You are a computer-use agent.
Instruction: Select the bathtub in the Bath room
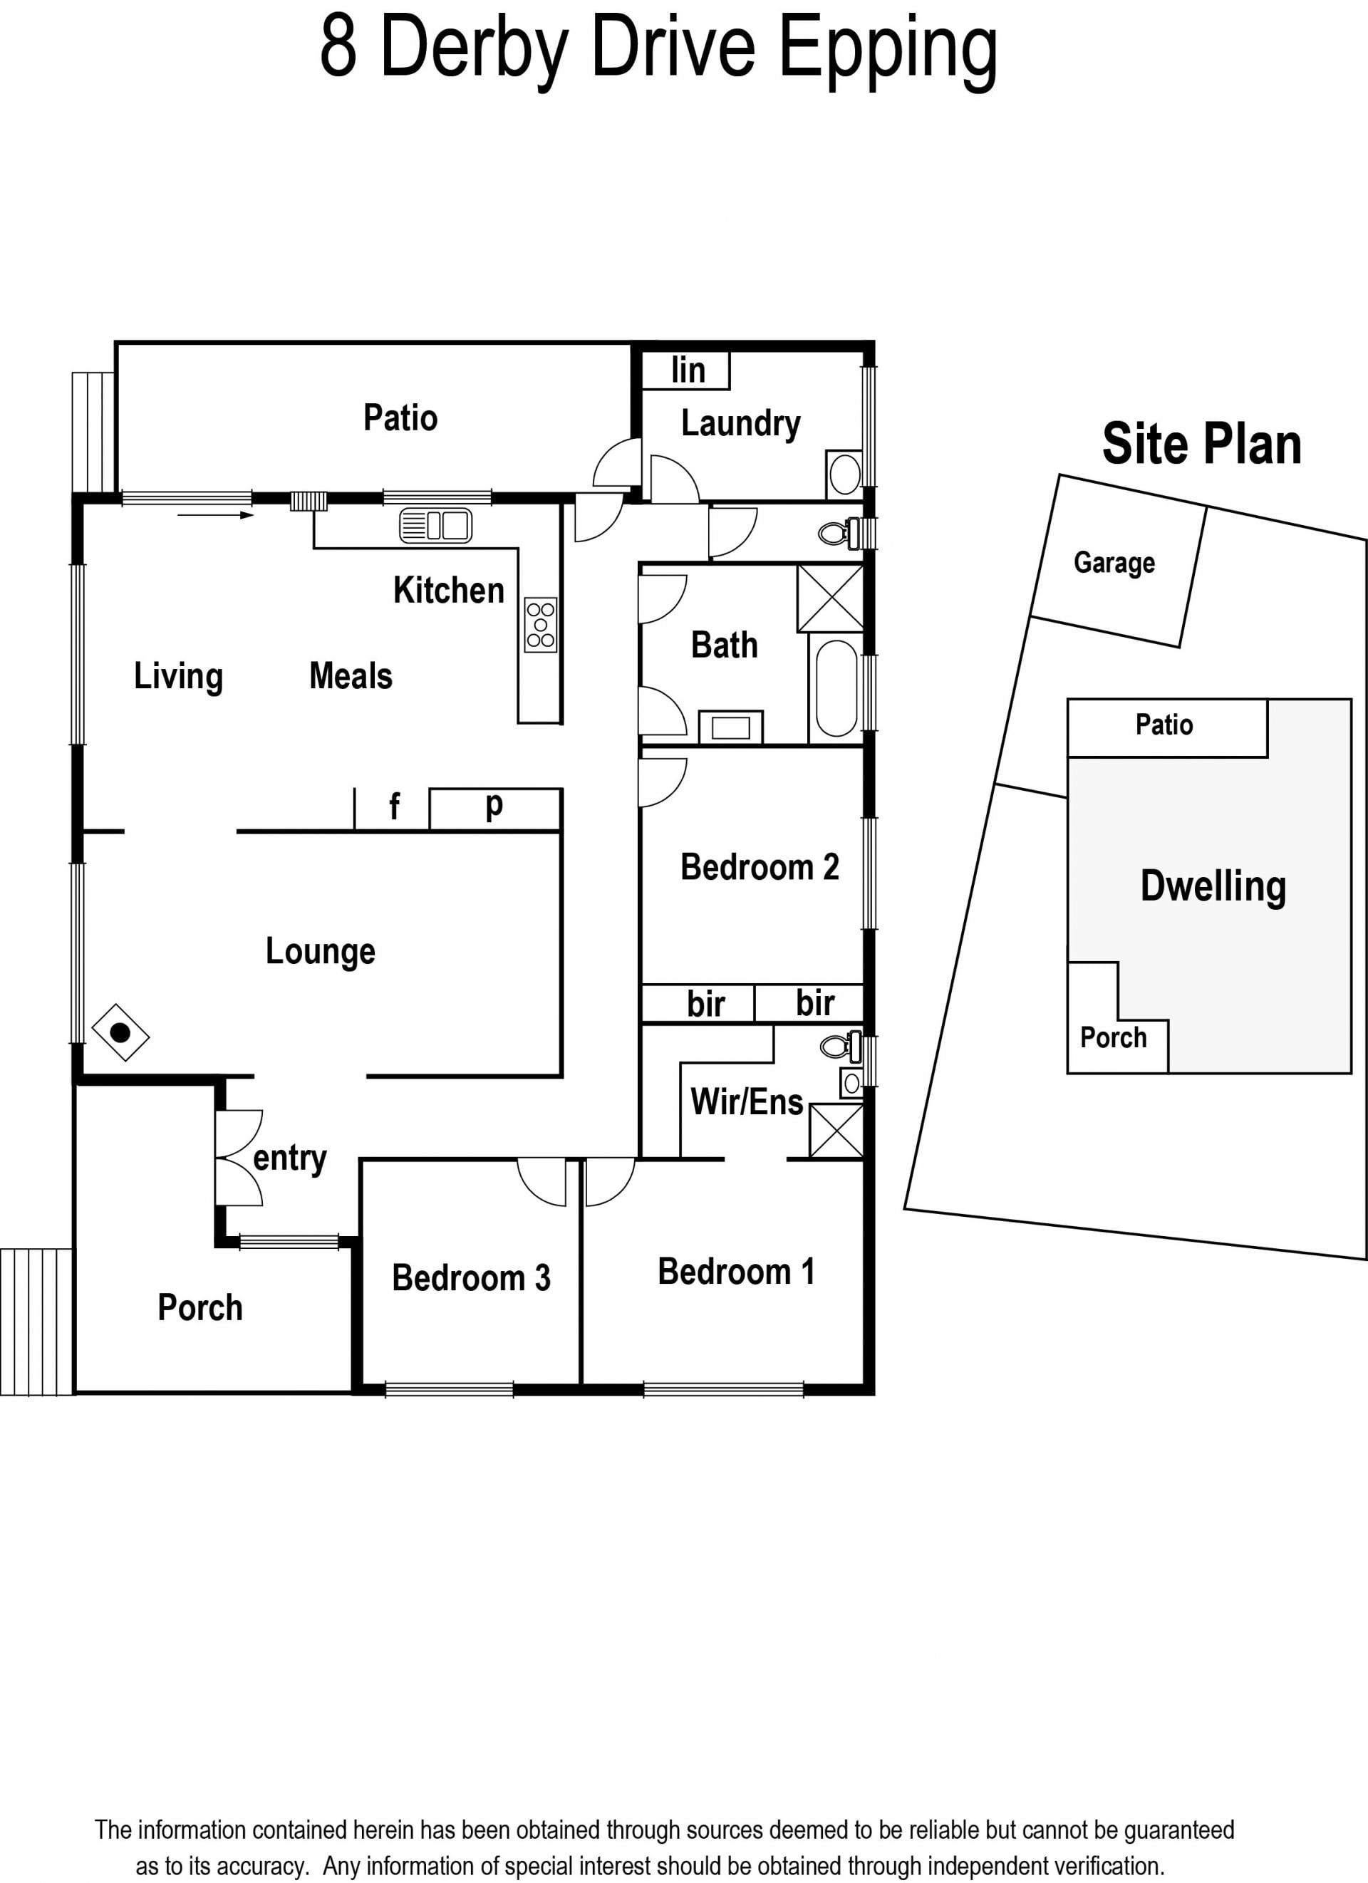tap(836, 688)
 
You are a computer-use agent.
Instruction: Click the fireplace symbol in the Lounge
tap(120, 1033)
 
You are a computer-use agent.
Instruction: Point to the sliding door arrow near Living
tap(216, 516)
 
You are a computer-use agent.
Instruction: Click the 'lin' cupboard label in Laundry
tap(688, 370)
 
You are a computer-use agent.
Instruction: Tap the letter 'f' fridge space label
tap(394, 805)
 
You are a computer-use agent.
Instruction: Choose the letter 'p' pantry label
tap(494, 805)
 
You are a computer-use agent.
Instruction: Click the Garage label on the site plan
tap(1114, 563)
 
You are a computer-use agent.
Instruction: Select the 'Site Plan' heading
tap(1201, 443)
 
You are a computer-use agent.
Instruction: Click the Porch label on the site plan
tap(1113, 1037)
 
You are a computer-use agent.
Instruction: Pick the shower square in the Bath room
tap(830, 598)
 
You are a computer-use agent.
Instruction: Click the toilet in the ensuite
tap(841, 1045)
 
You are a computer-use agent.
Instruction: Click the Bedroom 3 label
tap(471, 1277)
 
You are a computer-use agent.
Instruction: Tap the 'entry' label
tap(290, 1159)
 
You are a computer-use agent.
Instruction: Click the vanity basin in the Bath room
tap(730, 727)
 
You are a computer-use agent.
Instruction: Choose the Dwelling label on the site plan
tap(1213, 888)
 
